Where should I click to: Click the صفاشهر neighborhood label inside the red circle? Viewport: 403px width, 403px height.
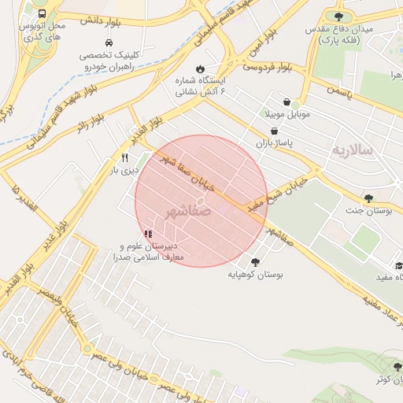pyautogui.click(x=189, y=213)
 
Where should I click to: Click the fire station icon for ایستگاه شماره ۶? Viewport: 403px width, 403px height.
pyautogui.click(x=201, y=68)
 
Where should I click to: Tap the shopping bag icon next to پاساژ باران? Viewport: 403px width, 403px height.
pyautogui.click(x=273, y=131)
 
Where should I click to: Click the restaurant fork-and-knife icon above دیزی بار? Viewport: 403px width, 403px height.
pyautogui.click(x=124, y=157)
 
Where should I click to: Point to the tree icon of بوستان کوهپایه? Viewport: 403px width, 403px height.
pyautogui.click(x=255, y=262)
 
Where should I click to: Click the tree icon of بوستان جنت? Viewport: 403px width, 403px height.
pyautogui.click(x=367, y=198)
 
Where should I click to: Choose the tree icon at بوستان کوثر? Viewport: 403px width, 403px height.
pyautogui.click(x=383, y=368)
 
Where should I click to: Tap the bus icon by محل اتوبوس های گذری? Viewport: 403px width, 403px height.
pyautogui.click(x=41, y=13)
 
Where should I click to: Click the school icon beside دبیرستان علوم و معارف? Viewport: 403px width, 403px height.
pyautogui.click(x=148, y=234)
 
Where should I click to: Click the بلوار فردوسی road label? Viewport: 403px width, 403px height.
pyautogui.click(x=267, y=68)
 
